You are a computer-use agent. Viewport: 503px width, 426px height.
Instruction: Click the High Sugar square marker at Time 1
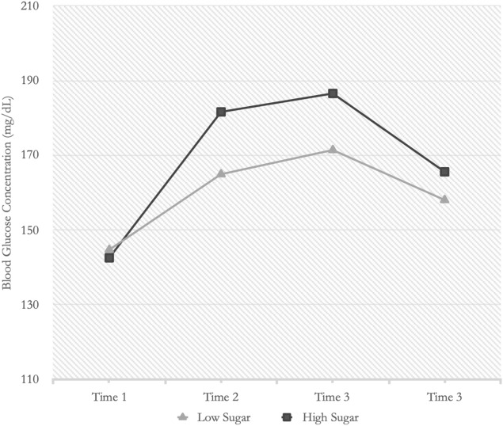[x=109, y=257]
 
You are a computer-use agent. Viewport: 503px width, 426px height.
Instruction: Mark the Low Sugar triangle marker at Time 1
[x=109, y=249]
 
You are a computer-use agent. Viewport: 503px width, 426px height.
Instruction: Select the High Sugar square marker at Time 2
[x=221, y=112]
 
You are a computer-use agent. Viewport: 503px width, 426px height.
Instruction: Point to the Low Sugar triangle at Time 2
[x=221, y=173]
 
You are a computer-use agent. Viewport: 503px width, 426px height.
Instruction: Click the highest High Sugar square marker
[x=333, y=93]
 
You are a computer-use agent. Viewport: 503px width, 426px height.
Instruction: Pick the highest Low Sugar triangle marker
[x=333, y=150]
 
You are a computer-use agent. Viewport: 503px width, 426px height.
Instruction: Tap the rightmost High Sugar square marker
[x=444, y=172]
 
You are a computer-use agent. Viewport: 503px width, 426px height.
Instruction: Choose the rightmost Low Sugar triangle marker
[x=444, y=199]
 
